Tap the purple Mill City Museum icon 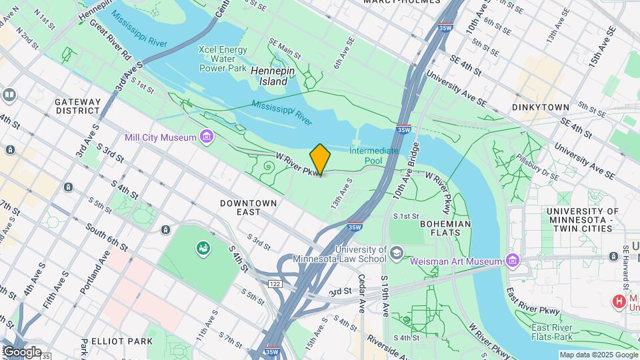[207, 137]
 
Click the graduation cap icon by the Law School [397, 253]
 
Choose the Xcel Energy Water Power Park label [223, 59]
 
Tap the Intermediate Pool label [374, 156]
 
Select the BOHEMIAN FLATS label [445, 229]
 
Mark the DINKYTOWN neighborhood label [541, 107]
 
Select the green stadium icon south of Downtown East [201, 249]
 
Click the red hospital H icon [619, 302]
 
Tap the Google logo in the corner [21, 352]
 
